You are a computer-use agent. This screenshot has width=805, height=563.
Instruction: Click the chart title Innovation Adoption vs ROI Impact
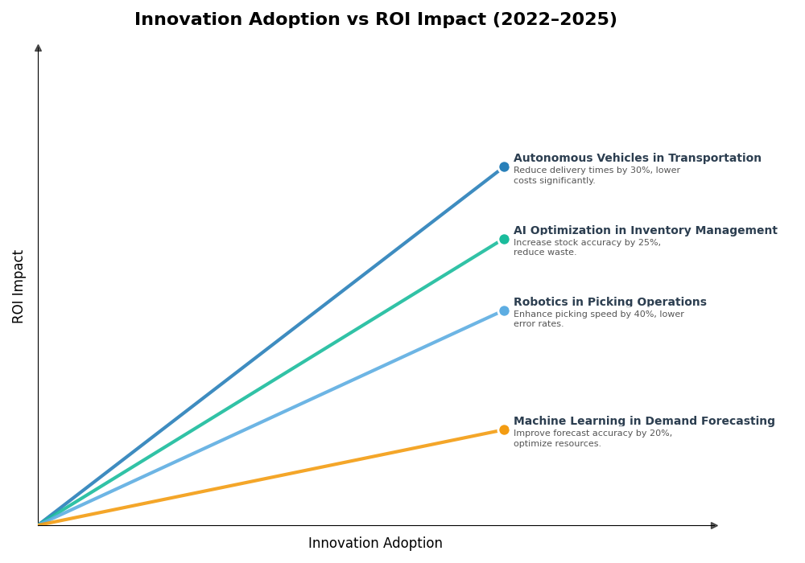point(375,20)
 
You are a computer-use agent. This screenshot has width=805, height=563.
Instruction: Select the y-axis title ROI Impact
point(19,286)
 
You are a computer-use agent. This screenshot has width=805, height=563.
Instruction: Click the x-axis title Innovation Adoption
point(375,544)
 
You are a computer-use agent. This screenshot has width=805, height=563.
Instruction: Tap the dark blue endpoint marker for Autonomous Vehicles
point(504,167)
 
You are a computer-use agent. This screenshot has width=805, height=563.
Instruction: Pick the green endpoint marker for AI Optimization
point(504,239)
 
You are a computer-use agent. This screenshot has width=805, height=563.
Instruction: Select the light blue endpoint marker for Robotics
point(504,310)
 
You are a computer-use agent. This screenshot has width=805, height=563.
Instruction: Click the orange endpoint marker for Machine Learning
point(504,429)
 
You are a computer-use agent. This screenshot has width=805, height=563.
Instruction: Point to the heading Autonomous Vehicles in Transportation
point(637,158)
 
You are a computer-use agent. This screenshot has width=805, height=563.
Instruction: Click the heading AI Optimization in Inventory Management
point(645,231)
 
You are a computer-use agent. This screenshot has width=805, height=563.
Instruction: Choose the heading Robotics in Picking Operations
point(609,302)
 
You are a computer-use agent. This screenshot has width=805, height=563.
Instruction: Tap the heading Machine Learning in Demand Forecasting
point(644,421)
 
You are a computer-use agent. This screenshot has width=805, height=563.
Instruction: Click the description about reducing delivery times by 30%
point(597,175)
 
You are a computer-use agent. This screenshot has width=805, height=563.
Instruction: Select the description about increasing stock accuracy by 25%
point(587,248)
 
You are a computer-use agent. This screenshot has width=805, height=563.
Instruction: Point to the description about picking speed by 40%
point(598,319)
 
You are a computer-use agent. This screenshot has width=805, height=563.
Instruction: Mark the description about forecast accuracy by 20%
point(592,438)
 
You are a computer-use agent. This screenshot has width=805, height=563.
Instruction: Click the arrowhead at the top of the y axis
point(38,48)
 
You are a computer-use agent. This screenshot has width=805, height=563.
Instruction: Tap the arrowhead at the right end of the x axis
point(714,525)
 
